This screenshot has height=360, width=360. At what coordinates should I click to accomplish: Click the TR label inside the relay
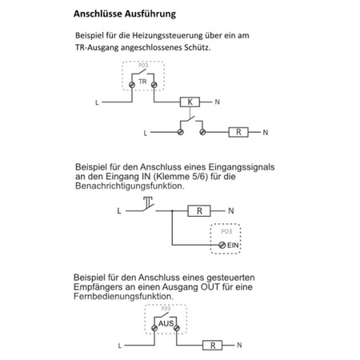pyautogui.click(x=142, y=82)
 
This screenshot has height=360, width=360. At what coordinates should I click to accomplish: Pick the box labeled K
pyautogui.click(x=190, y=102)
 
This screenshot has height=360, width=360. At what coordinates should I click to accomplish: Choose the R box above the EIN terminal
pyautogui.click(x=200, y=211)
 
